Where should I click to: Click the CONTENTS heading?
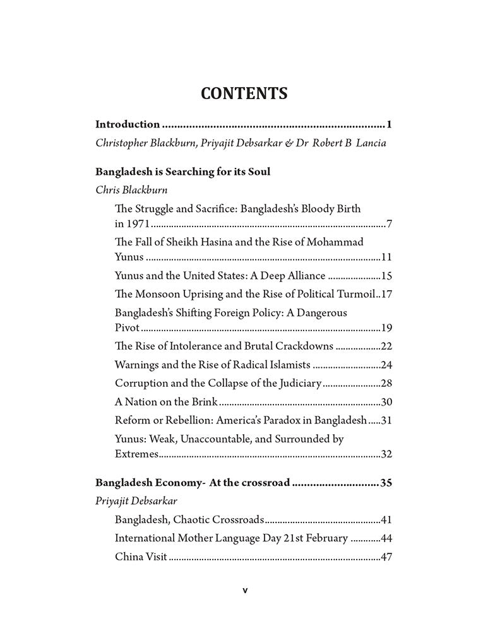click(x=244, y=93)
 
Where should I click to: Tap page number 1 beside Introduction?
click(x=391, y=124)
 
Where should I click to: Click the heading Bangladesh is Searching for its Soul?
click(x=182, y=172)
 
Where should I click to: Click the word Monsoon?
click(x=160, y=293)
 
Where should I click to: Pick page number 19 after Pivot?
click(x=387, y=329)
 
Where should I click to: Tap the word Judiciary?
click(x=299, y=383)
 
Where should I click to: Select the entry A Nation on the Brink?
click(x=166, y=402)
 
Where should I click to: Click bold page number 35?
click(x=387, y=484)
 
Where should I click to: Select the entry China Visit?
click(x=141, y=557)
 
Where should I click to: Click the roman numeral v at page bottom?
click(x=245, y=591)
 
